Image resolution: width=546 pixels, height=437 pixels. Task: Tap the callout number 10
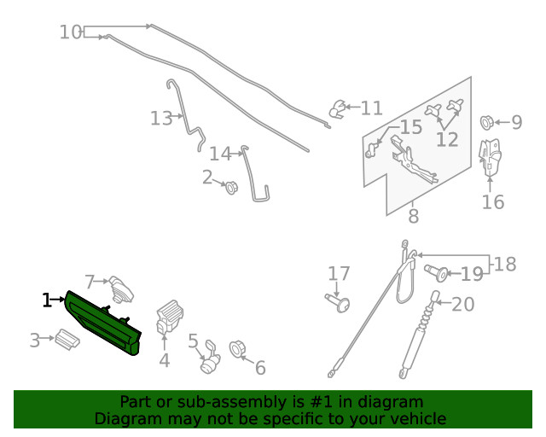coord(71,32)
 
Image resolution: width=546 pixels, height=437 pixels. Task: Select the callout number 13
coord(160,119)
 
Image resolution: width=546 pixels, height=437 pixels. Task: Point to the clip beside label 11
coord(338,108)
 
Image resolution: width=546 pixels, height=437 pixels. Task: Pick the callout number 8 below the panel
coord(413,217)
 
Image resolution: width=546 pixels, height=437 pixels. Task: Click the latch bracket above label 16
coord(489,159)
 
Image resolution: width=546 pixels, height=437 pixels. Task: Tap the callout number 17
coord(339,274)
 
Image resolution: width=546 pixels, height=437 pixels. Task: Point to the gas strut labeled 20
coord(421,337)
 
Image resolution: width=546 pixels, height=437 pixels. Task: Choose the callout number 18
coord(505,265)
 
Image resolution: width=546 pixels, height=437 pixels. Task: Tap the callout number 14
coord(220,154)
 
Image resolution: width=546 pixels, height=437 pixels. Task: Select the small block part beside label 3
coord(67,340)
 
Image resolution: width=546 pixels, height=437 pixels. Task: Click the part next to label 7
coord(123,288)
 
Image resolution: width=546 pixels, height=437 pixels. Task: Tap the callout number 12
coord(446,139)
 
